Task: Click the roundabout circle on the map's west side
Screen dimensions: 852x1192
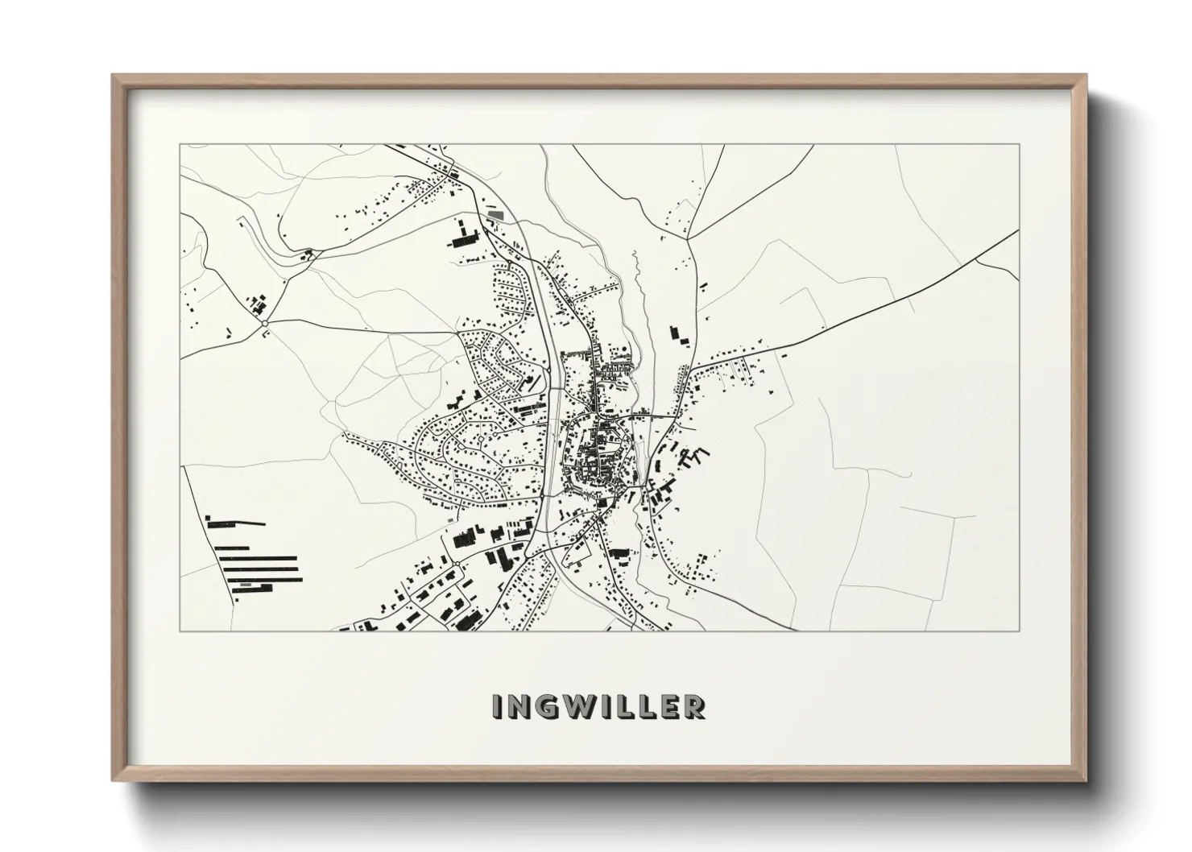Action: [264, 325]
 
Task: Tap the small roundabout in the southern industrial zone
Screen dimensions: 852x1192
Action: [456, 563]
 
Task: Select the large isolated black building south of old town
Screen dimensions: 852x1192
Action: [619, 553]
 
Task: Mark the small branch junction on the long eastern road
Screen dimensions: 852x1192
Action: [976, 261]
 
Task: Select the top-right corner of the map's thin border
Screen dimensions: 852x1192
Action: [1020, 145]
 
